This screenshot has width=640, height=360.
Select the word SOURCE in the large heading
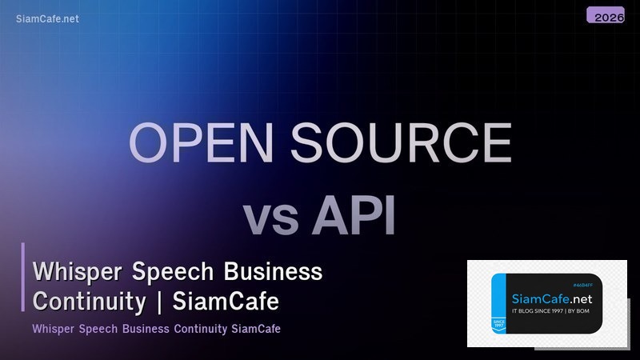(401, 144)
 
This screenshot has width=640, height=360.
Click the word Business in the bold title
(273, 272)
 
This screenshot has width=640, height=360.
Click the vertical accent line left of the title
(23, 277)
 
